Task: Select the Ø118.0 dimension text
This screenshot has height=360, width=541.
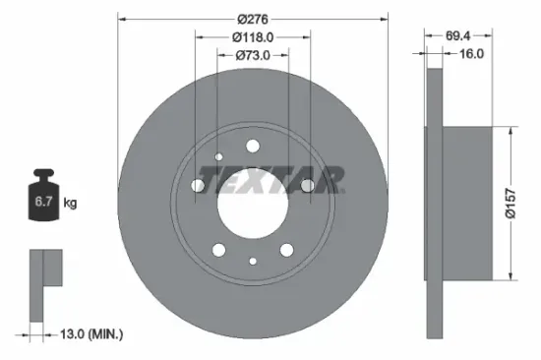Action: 252,37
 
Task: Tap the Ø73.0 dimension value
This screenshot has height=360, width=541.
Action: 252,57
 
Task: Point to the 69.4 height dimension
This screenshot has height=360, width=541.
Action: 456,34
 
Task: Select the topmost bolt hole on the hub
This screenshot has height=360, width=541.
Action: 252,148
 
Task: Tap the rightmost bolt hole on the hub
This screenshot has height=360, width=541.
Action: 307,185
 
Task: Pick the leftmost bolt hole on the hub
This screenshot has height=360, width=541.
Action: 197,187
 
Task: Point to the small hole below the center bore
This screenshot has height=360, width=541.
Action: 253,261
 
